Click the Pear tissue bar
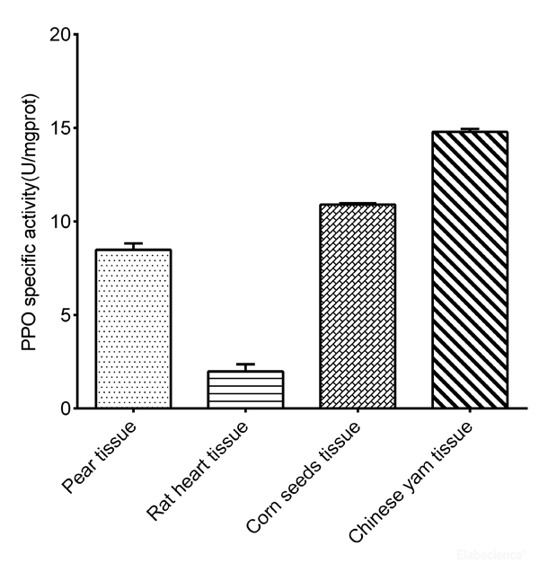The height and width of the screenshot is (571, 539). point(133,329)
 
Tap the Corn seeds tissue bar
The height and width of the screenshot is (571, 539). point(358,306)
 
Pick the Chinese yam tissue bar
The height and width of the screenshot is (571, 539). point(470,269)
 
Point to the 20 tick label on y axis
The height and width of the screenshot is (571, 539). point(57,35)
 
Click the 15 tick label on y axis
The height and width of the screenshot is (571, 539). point(57,128)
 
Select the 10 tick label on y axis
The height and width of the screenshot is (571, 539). point(57,222)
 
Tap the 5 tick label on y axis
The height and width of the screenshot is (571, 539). point(63,315)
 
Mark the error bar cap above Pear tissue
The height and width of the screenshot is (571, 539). point(133,243)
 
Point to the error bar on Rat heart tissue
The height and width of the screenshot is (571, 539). point(245,365)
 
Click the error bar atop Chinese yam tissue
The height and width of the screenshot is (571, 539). point(470,130)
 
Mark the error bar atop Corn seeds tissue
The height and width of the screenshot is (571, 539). point(358,204)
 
